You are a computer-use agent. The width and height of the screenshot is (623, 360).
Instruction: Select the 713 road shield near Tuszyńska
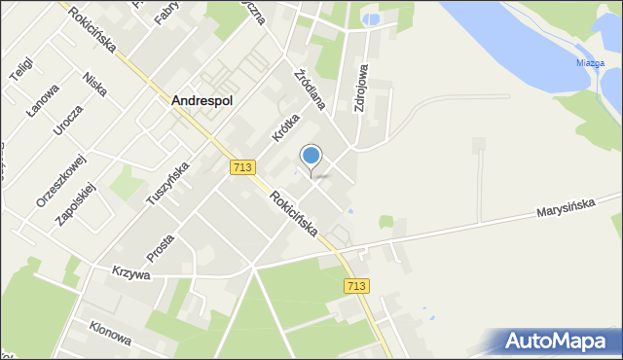[244, 168]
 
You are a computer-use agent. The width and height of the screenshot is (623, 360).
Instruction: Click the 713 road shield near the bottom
[356, 285]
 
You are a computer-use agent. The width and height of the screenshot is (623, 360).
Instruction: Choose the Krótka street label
[283, 128]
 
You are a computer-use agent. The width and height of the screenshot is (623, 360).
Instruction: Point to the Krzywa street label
[129, 274]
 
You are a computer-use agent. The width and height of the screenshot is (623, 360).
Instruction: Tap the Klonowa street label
[109, 334]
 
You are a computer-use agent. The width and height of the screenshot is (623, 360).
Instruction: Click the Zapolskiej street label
[73, 201]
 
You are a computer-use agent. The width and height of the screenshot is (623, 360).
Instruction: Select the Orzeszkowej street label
[48, 180]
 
